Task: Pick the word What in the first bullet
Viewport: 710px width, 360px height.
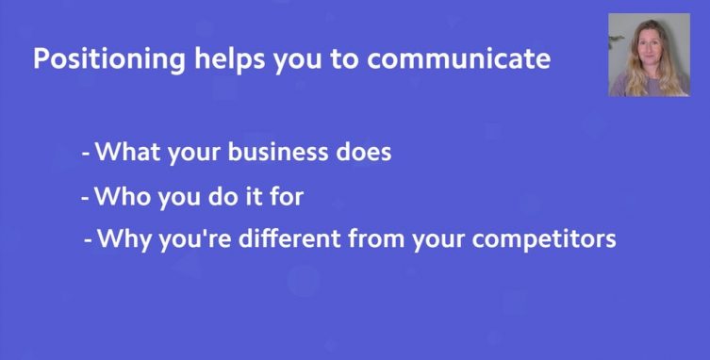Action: click(x=126, y=151)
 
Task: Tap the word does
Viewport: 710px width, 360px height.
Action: click(x=362, y=151)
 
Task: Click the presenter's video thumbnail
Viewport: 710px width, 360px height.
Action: click(x=648, y=55)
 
